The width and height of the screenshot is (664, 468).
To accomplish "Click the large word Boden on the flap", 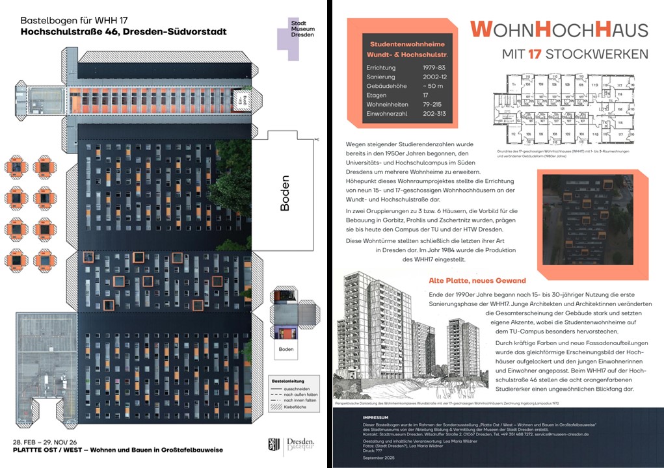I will [285, 193].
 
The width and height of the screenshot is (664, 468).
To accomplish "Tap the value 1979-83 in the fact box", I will [434, 67].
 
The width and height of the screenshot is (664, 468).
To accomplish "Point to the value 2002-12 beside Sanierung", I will [434, 77].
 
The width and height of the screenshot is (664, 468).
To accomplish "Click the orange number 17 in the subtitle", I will [535, 54].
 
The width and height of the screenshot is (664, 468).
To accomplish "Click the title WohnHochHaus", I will [559, 29].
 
